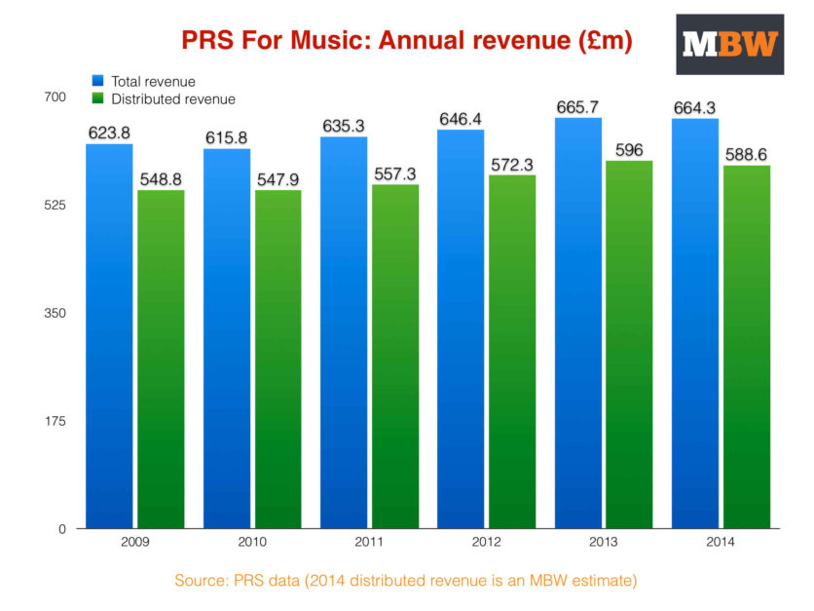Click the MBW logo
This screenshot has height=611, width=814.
click(x=730, y=44)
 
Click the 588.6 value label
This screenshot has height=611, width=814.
click(x=746, y=154)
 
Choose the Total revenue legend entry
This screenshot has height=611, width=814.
click(x=152, y=81)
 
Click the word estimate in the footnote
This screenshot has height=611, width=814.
click(x=603, y=581)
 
